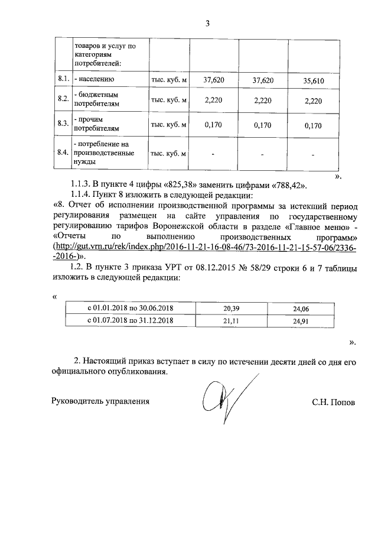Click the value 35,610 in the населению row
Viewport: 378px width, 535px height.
(313, 80)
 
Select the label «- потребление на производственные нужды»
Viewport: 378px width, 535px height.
(101, 152)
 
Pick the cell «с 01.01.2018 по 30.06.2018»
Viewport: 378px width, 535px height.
(130, 309)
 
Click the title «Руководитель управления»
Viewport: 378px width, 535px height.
(100, 401)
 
